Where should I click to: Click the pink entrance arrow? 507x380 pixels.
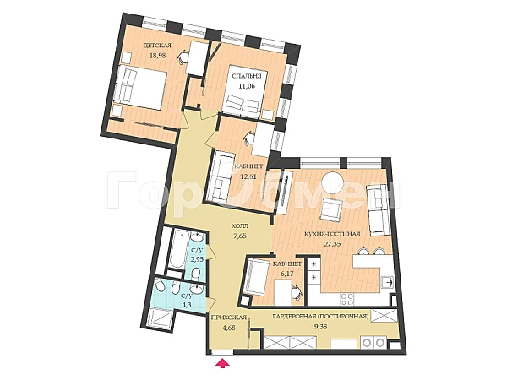[x=223, y=363]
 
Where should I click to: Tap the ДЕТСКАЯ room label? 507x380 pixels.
[x=157, y=46]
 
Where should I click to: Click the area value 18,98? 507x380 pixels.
[x=157, y=55]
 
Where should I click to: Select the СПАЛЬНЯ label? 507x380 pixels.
[x=247, y=76]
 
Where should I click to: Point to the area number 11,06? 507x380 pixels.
[x=247, y=86]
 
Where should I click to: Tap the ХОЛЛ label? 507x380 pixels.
[x=240, y=226]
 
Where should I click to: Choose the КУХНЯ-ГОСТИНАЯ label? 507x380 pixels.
[x=332, y=234]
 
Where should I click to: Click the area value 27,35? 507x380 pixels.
[x=332, y=244]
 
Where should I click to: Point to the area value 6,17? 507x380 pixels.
[x=287, y=274]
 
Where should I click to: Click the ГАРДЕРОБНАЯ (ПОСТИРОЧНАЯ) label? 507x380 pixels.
[x=320, y=317]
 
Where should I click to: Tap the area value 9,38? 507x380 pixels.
[x=320, y=326]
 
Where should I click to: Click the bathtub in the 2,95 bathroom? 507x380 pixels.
[x=177, y=249]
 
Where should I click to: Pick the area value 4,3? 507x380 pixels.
[x=188, y=304]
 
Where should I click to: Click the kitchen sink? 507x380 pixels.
[x=387, y=282]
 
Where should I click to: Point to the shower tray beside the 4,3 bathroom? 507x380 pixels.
[x=161, y=318]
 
